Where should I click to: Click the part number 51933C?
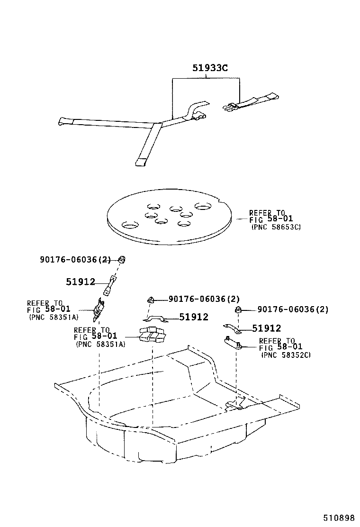210,68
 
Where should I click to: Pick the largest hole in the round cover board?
202,207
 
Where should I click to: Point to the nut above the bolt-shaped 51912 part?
121,259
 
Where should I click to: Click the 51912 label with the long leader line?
193,317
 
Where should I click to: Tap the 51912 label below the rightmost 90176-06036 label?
266,328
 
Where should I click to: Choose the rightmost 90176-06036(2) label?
293,309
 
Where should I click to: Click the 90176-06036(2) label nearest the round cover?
75,259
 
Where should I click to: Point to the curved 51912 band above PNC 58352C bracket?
233,328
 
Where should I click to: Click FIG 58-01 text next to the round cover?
271,219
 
